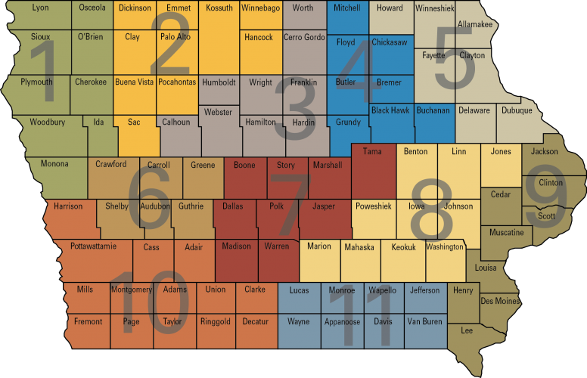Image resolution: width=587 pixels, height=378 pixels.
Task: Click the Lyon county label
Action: [40, 8]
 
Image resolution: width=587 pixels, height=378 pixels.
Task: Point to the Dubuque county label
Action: [517, 110]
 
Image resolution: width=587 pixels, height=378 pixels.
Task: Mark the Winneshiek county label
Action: [435, 8]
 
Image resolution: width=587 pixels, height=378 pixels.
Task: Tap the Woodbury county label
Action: [48, 122]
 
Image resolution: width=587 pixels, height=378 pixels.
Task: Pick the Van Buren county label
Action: [424, 321]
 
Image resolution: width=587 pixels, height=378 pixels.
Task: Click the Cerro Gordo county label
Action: [304, 37]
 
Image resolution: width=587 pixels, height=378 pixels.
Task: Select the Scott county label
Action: [546, 216]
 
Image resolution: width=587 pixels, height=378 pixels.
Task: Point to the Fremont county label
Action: [88, 321]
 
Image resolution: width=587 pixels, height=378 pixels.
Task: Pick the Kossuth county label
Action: [219, 8]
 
